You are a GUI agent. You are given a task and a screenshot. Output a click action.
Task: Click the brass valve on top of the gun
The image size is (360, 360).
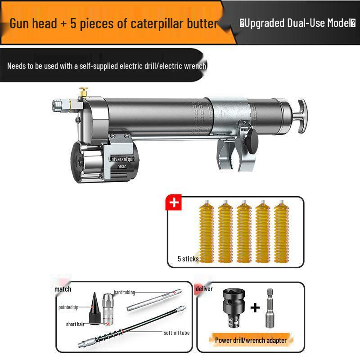[83, 92]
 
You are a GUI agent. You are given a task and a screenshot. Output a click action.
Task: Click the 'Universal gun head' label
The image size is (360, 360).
[121, 162]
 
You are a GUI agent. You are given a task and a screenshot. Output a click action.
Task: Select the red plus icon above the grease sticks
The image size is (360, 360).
[174, 203]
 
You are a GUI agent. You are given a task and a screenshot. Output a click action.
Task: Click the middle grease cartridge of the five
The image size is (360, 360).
[244, 232]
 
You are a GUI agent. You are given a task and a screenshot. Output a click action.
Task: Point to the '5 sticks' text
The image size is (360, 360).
[188, 259]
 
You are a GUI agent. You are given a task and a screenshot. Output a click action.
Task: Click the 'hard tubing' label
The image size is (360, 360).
[124, 292]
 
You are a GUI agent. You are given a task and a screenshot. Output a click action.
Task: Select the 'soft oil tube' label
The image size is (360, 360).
[176, 333]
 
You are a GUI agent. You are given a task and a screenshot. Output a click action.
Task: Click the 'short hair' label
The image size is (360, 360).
[75, 324]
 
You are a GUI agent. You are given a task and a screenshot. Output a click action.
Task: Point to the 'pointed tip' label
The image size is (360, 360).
[68, 307]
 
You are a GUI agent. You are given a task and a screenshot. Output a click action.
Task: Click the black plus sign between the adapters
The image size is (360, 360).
[255, 308]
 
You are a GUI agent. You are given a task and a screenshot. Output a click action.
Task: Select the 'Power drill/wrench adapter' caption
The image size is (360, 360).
[251, 340]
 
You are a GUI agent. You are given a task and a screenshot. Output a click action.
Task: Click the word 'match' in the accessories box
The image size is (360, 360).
[63, 289]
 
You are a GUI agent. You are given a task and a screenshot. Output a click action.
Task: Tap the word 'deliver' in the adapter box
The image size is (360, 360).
[204, 288]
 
